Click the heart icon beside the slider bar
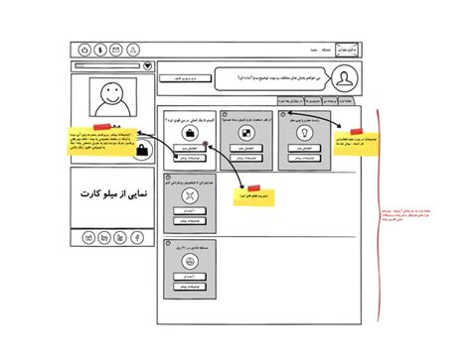[149, 66]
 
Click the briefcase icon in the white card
[188, 133]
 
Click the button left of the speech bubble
[181, 76]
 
